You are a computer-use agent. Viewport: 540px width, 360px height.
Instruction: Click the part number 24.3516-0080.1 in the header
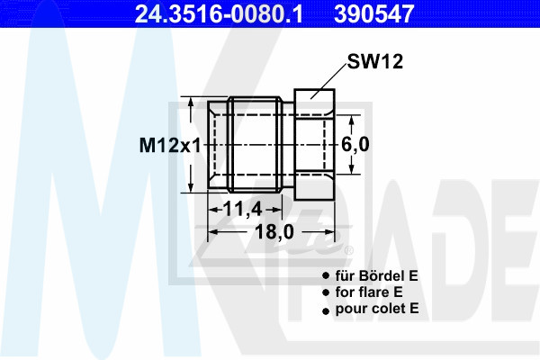click(219, 13)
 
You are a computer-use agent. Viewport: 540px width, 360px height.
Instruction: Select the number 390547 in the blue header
click(373, 13)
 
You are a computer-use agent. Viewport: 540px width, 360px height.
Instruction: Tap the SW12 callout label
click(374, 62)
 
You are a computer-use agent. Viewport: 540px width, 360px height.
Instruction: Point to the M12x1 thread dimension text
click(170, 145)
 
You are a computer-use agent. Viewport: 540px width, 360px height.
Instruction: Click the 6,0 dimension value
click(355, 144)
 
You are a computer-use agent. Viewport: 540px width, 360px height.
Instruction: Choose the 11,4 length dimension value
click(243, 209)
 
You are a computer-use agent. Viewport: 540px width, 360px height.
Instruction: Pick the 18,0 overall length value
click(274, 232)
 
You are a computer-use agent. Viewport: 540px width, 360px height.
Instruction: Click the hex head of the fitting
click(314, 145)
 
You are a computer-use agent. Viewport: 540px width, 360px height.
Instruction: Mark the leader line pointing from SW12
click(328, 81)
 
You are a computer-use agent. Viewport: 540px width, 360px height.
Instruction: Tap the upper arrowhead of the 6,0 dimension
click(351, 121)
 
